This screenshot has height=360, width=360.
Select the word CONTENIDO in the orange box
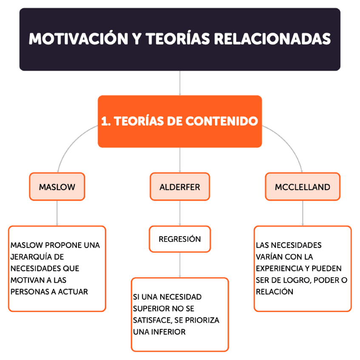[222, 121]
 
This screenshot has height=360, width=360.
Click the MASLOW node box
[57, 187]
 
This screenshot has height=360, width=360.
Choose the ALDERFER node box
[180, 187]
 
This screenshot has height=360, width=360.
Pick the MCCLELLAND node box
[302, 187]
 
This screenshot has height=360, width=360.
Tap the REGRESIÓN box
[180, 239]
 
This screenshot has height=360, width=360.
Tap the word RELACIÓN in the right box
[275, 292]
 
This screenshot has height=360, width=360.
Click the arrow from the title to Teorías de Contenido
[180, 83]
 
